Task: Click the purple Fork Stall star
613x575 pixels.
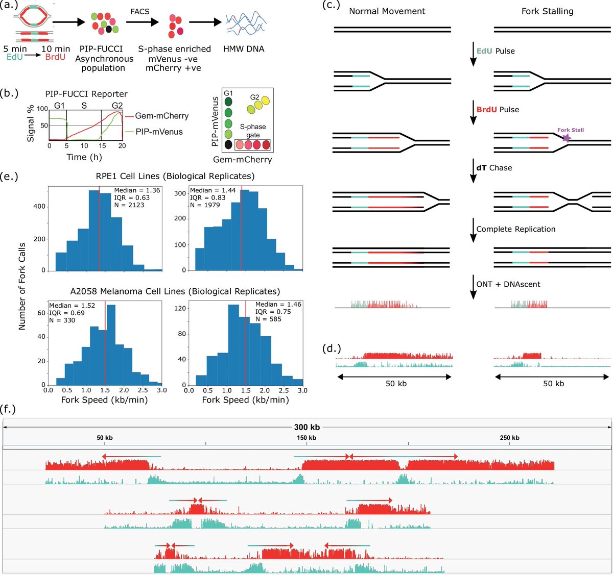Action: point(566,138)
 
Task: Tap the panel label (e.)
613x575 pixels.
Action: point(9,177)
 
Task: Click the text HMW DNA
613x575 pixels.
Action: point(244,49)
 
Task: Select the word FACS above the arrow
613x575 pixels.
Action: point(139,11)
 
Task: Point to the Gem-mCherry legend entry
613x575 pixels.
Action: point(161,116)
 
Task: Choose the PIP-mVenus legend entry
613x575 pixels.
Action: point(159,132)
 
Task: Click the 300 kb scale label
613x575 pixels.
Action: point(306,427)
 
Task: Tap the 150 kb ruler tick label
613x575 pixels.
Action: point(306,438)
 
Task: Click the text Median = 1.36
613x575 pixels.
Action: point(137,190)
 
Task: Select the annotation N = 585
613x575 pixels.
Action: point(268,319)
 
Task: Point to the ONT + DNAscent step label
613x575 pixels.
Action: point(508,284)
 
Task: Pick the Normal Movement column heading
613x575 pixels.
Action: point(387,11)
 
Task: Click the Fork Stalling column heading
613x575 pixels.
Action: point(547,11)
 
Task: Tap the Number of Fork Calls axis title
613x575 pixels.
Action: point(22,285)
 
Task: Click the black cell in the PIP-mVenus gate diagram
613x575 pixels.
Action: point(228,145)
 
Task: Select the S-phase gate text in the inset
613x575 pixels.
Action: point(253,131)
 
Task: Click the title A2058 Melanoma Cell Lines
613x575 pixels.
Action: point(175,291)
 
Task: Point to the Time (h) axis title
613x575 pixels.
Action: point(84,157)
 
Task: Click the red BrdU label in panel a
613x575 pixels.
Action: point(55,57)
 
